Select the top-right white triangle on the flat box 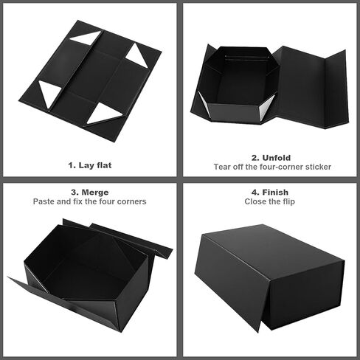[137, 55]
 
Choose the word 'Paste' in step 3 [46, 201]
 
